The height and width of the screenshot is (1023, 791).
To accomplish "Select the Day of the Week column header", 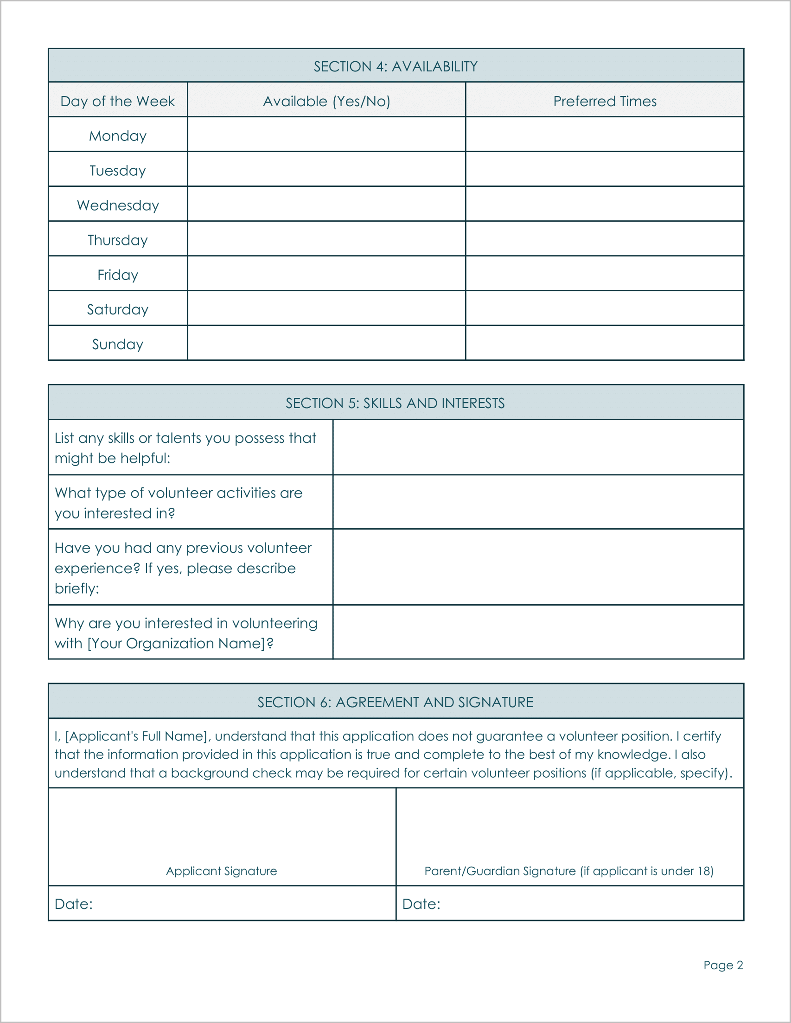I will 118,101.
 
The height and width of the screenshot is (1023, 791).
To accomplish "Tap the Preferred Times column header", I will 605,101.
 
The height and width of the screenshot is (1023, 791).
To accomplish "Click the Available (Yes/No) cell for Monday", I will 326,134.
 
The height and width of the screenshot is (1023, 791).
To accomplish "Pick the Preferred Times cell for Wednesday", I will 605,204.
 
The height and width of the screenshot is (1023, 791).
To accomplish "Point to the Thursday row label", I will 118,240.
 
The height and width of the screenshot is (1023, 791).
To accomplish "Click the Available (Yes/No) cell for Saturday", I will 326,308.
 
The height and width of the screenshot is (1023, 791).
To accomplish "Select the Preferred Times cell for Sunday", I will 605,343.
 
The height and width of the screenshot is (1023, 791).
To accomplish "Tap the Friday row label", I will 118,275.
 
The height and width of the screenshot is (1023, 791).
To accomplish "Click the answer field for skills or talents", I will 538,448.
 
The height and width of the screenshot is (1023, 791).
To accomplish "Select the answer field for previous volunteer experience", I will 538,567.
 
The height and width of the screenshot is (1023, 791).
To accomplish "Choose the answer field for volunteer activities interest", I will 538,502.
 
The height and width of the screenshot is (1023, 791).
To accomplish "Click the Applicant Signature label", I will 222,871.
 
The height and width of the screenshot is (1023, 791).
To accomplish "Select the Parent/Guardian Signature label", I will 568,871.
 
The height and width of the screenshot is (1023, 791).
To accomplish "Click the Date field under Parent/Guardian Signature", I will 590,904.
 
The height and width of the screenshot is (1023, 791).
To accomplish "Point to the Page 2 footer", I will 723,965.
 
